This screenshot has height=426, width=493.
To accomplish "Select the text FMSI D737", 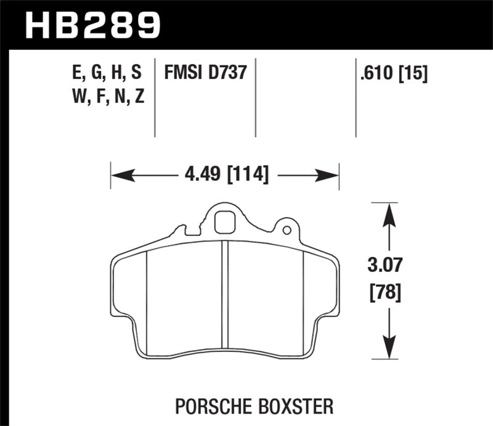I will [x=205, y=73].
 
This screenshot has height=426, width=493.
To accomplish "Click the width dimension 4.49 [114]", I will [x=226, y=175].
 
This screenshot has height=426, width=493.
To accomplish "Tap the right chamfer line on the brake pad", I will [x=304, y=302].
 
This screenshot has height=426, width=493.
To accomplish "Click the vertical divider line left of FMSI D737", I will [x=155, y=99].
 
